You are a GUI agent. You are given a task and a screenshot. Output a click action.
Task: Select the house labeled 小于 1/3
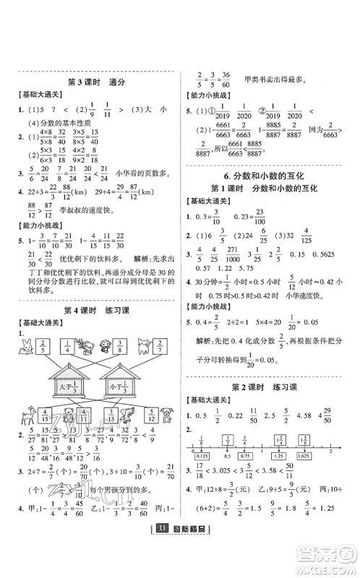pos(119,387)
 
